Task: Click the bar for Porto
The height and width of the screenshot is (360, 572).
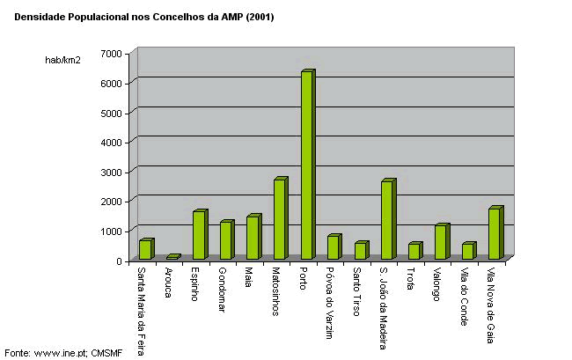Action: tap(306, 165)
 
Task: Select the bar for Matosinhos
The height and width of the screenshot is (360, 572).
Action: tap(280, 219)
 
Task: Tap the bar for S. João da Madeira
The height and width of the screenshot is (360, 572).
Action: tap(387, 220)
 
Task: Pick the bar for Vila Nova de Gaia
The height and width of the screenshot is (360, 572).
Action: tap(495, 233)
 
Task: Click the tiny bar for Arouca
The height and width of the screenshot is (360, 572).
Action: tap(172, 257)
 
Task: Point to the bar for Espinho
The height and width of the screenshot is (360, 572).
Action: tap(199, 235)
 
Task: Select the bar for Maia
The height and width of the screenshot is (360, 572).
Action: tap(253, 238)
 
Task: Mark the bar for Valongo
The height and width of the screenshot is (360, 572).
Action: tap(441, 242)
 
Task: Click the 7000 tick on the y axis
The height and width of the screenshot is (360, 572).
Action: tap(111, 54)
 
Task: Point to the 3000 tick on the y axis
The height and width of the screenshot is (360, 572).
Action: tap(111, 172)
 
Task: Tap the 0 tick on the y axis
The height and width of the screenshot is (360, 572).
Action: tap(118, 261)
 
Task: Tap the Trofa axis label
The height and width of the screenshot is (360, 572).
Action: tap(411, 276)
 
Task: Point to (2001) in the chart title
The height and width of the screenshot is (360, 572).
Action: tap(260, 17)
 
